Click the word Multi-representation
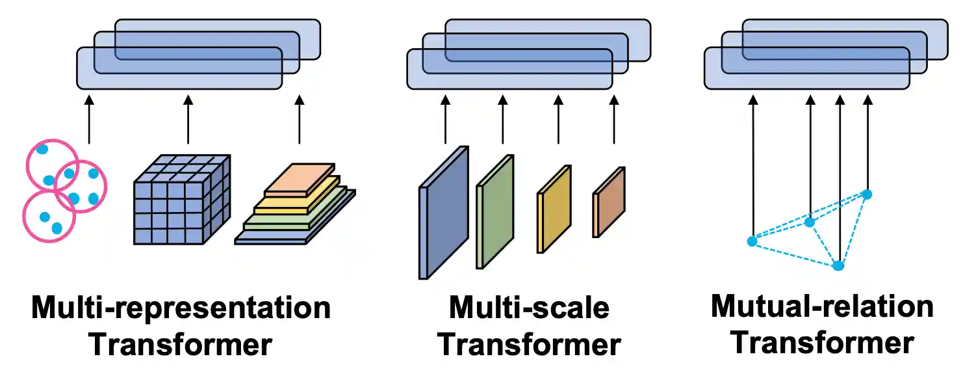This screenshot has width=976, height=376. coord(181,307)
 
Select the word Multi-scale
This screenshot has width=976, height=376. coord(529,307)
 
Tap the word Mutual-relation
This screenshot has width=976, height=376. coord(822,306)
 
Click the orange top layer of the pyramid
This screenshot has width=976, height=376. coord(298,181)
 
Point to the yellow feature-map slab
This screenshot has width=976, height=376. coord(554,209)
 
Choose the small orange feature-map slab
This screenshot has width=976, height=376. coord(609,202)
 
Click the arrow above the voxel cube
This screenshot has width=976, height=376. coord(188,120)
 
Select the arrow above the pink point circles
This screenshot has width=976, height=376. coord(88,120)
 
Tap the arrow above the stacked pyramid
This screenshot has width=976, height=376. coord(299,120)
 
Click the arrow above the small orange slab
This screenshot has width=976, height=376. coord(614,120)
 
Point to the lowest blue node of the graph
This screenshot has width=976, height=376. coord(838,265)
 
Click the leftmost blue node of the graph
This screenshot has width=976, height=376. coord(752,241)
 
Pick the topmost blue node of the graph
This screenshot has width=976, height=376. coord(866,194)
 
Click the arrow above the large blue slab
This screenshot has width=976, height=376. coord(445,120)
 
